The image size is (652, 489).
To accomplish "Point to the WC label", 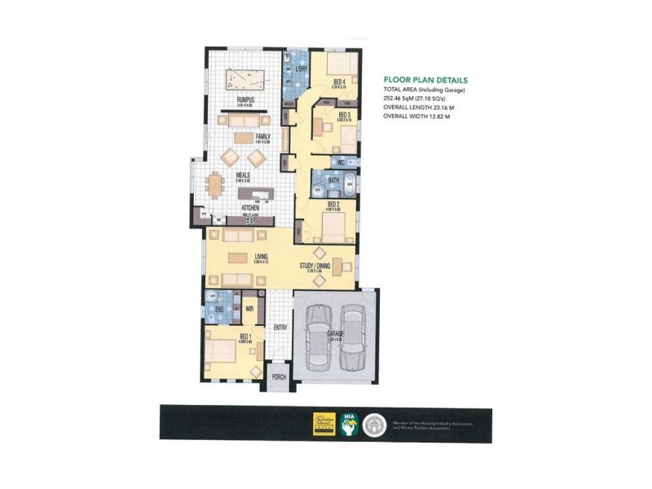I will point(341,162).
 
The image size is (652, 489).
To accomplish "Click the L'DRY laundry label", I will point(301,68).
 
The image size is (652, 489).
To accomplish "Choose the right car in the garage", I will point(352,337).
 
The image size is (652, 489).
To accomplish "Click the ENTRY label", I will point(280,328).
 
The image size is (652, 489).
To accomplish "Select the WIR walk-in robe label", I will point(250,309).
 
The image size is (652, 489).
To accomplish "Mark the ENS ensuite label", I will point(219,310).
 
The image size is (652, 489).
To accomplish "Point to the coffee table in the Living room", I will point(238,259).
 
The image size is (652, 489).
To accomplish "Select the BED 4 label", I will point(338,80).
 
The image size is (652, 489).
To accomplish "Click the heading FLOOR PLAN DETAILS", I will point(425,81).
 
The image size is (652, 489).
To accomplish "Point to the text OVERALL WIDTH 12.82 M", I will point(416,117).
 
